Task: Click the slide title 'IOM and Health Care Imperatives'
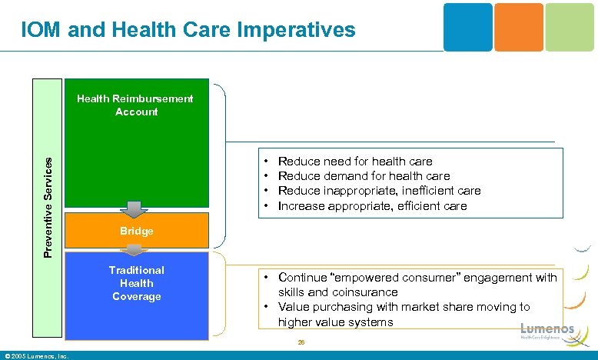click(x=188, y=30)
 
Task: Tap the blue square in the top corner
click(x=467, y=27)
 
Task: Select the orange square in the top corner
click(x=519, y=27)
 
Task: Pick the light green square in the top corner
click(x=570, y=27)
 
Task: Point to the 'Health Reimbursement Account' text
click(x=136, y=105)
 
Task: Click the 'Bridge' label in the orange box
click(x=136, y=231)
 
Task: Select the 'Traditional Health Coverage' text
click(x=136, y=283)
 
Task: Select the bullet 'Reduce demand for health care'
click(x=364, y=176)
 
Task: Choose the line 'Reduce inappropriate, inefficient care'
click(x=379, y=191)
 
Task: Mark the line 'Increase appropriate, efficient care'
click(x=372, y=205)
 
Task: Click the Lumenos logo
click(x=547, y=330)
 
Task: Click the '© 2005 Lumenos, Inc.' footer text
click(x=37, y=355)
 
